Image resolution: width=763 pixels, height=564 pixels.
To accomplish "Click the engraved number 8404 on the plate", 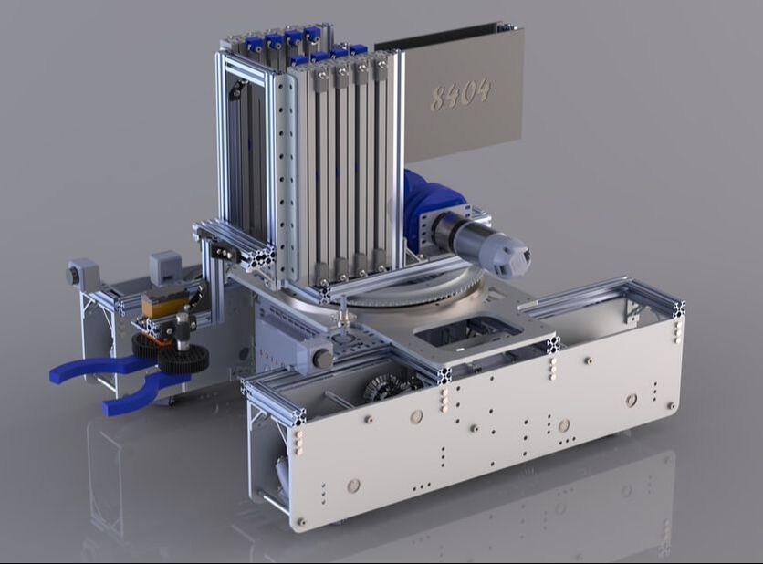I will click(x=461, y=93).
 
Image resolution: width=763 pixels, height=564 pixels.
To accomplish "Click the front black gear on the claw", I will click(x=182, y=359).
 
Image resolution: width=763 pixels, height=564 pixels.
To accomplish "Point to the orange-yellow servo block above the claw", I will click(x=165, y=304).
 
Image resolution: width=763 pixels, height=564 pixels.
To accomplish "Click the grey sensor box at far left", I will click(x=82, y=273).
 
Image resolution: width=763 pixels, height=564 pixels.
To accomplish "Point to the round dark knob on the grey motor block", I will click(x=322, y=359).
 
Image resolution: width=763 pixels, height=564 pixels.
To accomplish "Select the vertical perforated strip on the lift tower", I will click(x=285, y=173).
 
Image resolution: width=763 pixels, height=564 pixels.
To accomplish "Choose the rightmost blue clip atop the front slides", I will click(x=358, y=51).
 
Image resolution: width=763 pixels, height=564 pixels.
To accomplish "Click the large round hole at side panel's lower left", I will click(x=353, y=486).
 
